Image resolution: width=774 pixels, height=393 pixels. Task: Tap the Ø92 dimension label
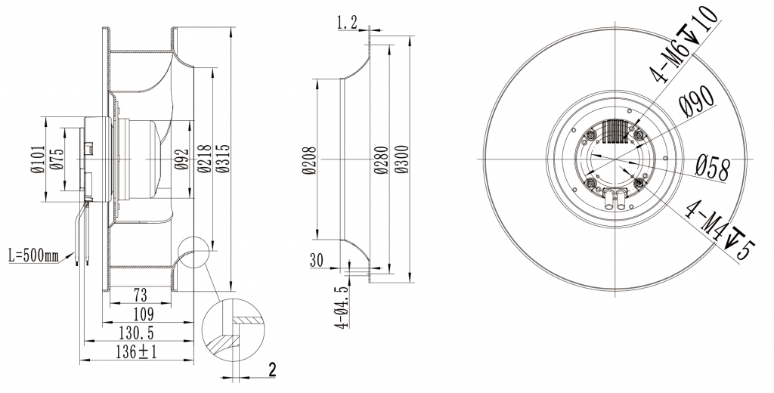181,160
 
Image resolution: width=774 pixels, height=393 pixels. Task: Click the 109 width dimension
143,314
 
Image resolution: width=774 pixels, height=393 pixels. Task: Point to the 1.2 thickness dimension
347,24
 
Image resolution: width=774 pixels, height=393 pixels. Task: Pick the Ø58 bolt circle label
712,168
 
